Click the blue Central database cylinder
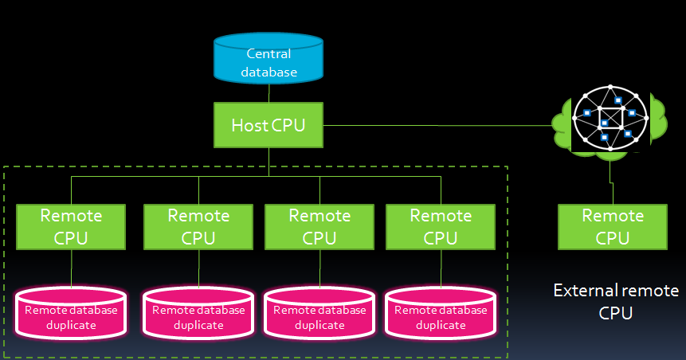tap(269, 60)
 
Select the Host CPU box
tap(269, 125)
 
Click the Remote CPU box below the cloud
tap(613, 226)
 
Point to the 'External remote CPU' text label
tap(616, 301)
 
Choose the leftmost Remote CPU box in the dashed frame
tap(72, 226)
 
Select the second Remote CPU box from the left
tap(198, 226)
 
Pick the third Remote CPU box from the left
tap(319, 226)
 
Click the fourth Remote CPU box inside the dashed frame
tap(441, 226)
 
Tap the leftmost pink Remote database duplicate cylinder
tap(72, 315)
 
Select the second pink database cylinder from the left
tap(198, 315)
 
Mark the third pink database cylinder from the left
tap(319, 315)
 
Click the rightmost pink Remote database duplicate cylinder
tap(441, 315)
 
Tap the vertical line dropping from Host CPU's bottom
tap(269, 161)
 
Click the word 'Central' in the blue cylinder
tap(269, 54)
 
